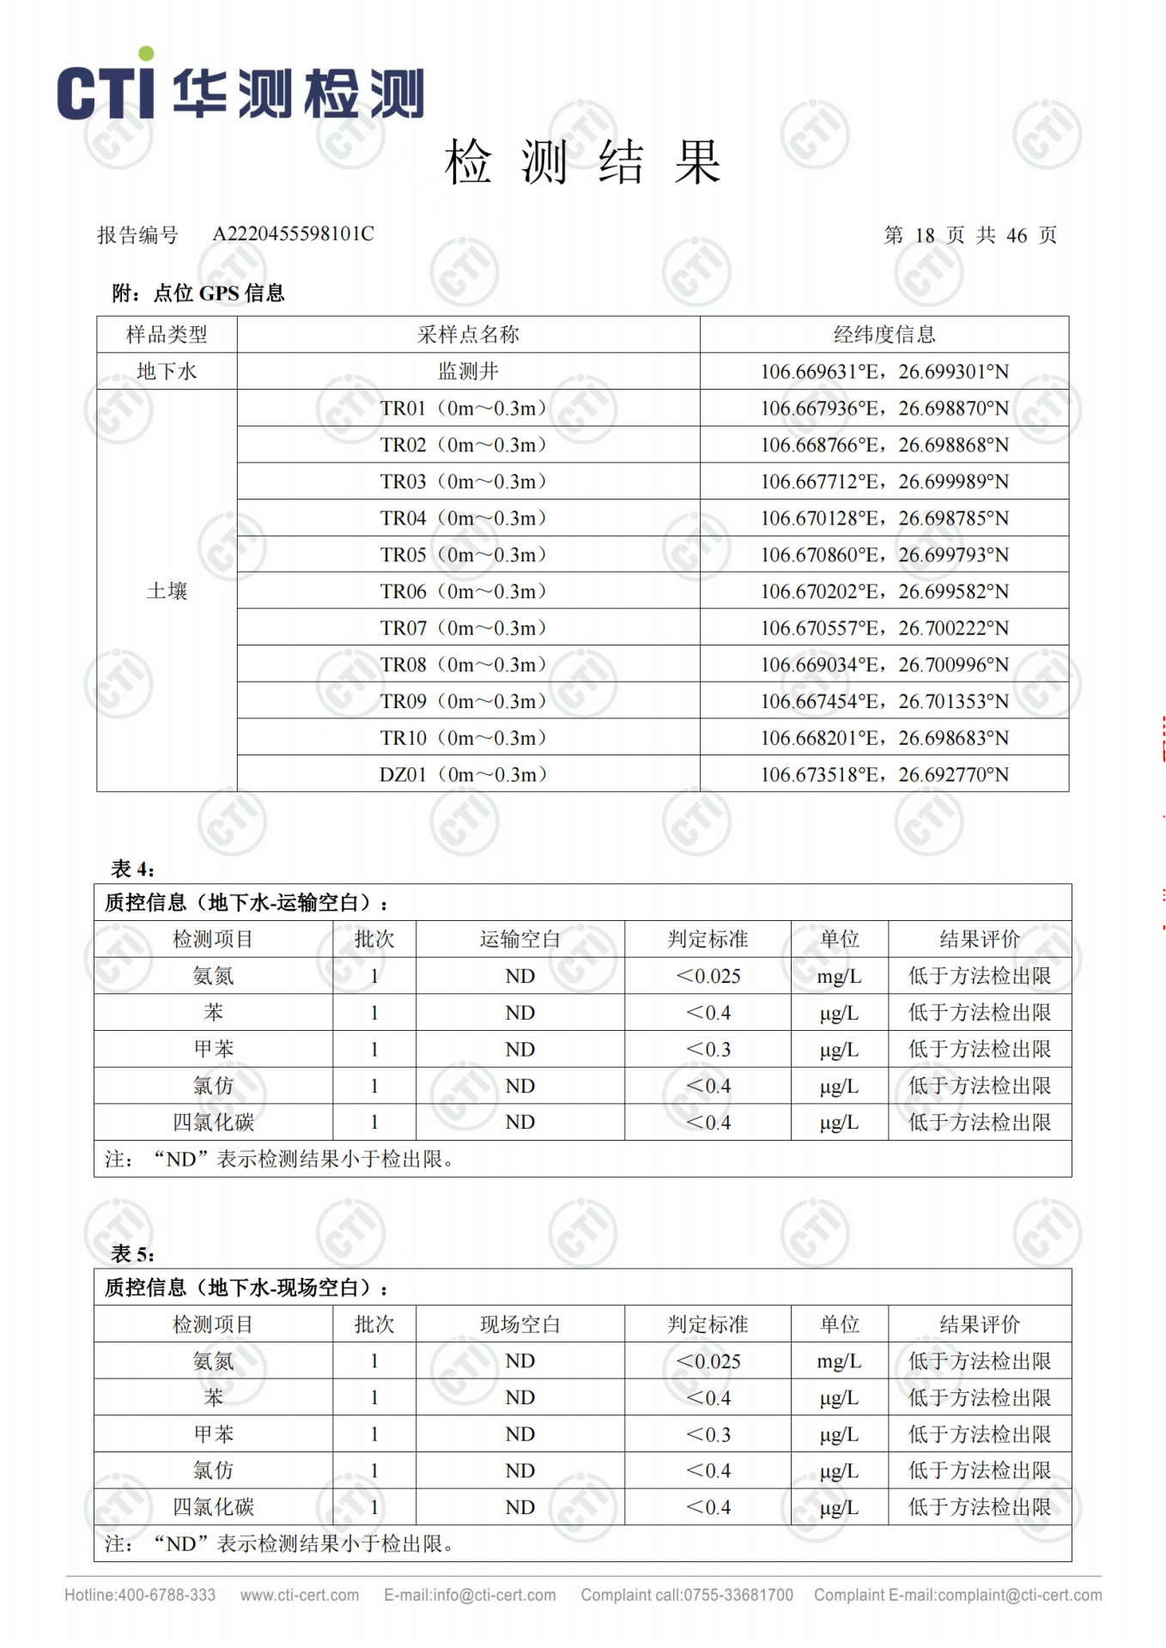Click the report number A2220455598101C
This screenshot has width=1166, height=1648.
click(293, 234)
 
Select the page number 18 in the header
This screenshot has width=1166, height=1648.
click(925, 236)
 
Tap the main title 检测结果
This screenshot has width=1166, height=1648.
click(582, 162)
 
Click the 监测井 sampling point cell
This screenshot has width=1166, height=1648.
click(468, 372)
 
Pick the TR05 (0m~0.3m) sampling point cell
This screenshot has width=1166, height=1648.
click(464, 555)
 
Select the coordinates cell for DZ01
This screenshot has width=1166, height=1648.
click(884, 775)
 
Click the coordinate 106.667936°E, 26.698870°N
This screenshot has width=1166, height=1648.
click(884, 409)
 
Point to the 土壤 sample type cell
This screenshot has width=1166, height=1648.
click(167, 591)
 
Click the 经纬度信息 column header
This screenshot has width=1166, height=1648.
click(884, 335)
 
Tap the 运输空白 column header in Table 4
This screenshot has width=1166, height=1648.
click(519, 940)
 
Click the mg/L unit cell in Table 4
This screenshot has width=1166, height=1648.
click(839, 977)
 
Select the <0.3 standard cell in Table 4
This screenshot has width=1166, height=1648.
click(708, 1050)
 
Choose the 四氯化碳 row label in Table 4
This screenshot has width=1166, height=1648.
click(213, 1123)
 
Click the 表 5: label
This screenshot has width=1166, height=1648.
click(133, 1254)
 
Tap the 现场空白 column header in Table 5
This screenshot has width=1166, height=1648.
click(519, 1324)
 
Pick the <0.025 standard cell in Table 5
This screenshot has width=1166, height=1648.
click(708, 1361)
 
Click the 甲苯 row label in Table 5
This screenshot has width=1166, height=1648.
click(213, 1434)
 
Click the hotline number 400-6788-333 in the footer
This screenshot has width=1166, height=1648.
click(167, 1596)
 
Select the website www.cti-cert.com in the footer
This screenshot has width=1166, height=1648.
click(300, 1596)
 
